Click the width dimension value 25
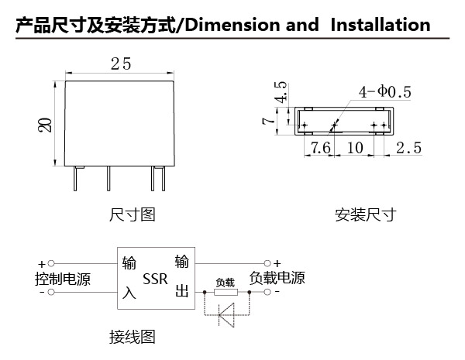tap(121, 63)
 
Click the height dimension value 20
tap(44, 125)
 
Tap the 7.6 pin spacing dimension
tap(320, 148)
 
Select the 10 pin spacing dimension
tap(355, 148)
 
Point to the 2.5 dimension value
tap(408, 148)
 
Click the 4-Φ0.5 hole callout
tap(384, 92)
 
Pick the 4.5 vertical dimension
tap(281, 92)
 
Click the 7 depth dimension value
tap(268, 121)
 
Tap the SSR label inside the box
tap(155, 279)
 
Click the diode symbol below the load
tap(226, 314)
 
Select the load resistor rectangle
tap(226, 292)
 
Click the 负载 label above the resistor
tap(225, 283)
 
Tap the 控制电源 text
tap(63, 279)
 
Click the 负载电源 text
tap(277, 278)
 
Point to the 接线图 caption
tap(133, 337)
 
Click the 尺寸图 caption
tap(133, 214)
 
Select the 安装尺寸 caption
tap(365, 214)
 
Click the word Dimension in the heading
tap(232, 25)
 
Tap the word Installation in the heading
tap(381, 25)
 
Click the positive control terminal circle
tap(51, 263)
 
